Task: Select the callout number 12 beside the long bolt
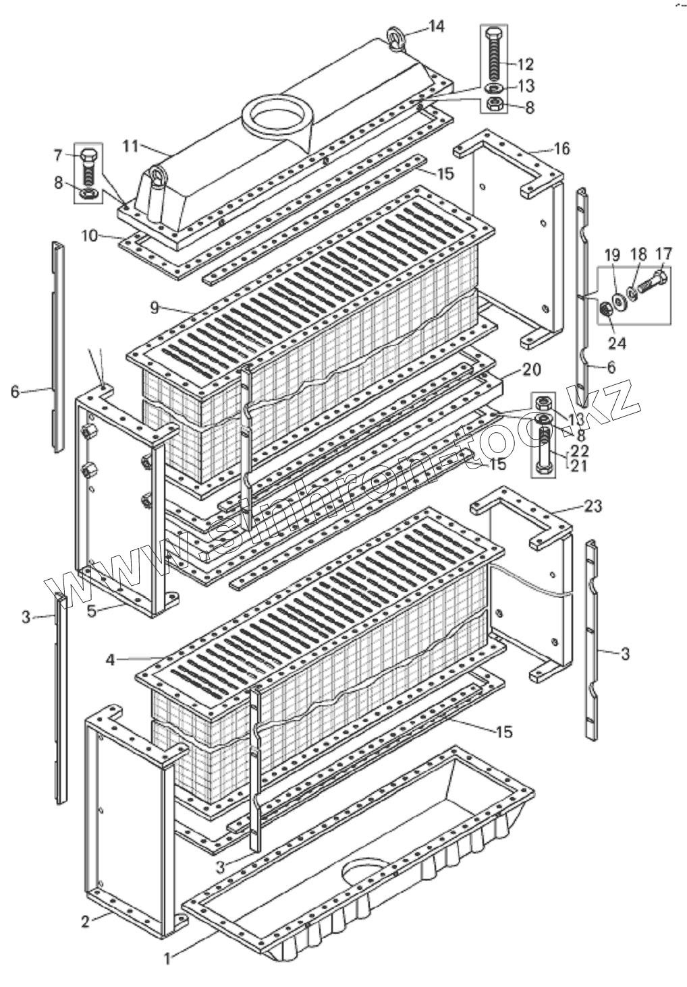click(526, 65)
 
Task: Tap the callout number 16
click(561, 148)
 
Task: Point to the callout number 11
click(130, 146)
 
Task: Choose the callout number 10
click(90, 236)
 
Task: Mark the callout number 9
click(155, 307)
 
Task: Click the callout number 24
click(617, 343)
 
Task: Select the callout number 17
click(663, 255)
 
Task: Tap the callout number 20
click(532, 370)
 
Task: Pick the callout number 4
click(111, 659)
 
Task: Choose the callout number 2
click(85, 922)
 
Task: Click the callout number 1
click(169, 956)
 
